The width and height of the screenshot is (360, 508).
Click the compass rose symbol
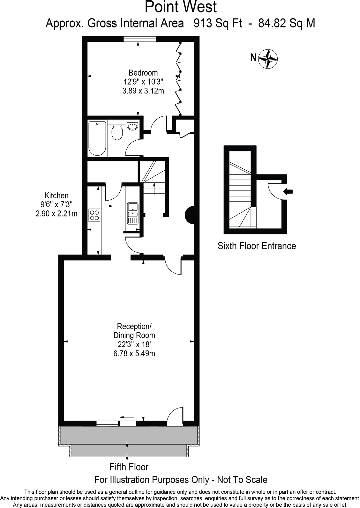tap(268, 59)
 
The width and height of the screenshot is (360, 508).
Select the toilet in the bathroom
tap(117, 132)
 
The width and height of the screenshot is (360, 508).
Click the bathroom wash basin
tap(132, 126)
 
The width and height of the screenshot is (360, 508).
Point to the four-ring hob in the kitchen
tap(94, 214)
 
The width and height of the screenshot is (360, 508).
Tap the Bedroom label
tap(143, 73)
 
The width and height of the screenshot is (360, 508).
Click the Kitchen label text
tap(56, 195)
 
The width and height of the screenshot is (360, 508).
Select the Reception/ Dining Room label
tap(134, 331)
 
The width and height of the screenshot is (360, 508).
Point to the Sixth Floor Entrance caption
tap(257, 246)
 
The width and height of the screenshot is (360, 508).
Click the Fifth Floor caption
tap(129, 467)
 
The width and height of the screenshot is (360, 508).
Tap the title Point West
tap(181, 7)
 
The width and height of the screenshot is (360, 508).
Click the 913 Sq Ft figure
tap(218, 24)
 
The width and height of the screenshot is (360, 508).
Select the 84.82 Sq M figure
tap(287, 24)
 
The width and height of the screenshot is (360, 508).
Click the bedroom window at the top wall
tap(140, 39)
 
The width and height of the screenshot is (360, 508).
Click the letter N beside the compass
tap(253, 58)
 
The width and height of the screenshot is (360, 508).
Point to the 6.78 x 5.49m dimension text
tap(134, 353)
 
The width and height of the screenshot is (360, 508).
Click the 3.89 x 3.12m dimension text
tap(143, 91)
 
